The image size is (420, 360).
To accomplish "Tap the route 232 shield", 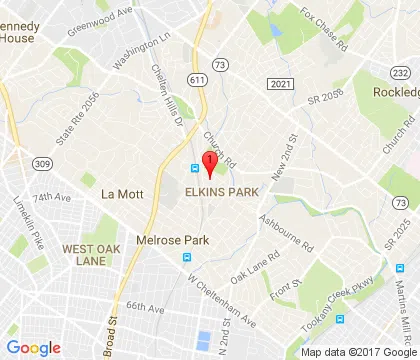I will point(401,72).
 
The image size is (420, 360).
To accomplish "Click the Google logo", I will point(34,346).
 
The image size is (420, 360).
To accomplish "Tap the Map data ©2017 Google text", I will point(356,352).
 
